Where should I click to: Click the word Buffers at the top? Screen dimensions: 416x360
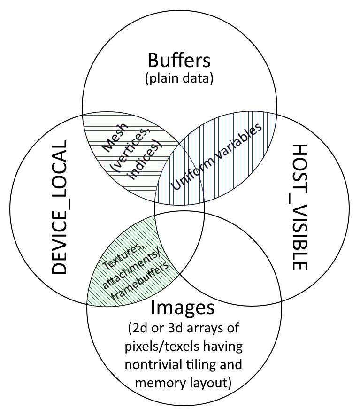(x=179, y=61)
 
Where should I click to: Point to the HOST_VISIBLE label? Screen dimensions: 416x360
(x=299, y=207)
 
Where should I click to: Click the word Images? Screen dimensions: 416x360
(x=183, y=308)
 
